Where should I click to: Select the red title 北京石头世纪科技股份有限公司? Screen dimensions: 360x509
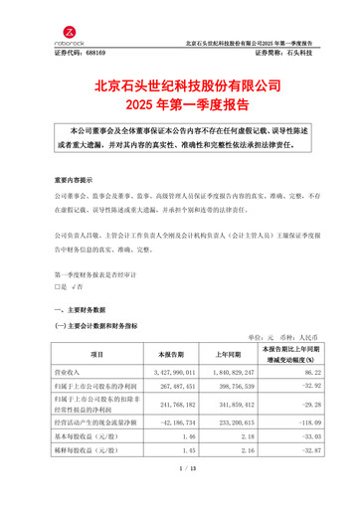(180, 87)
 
